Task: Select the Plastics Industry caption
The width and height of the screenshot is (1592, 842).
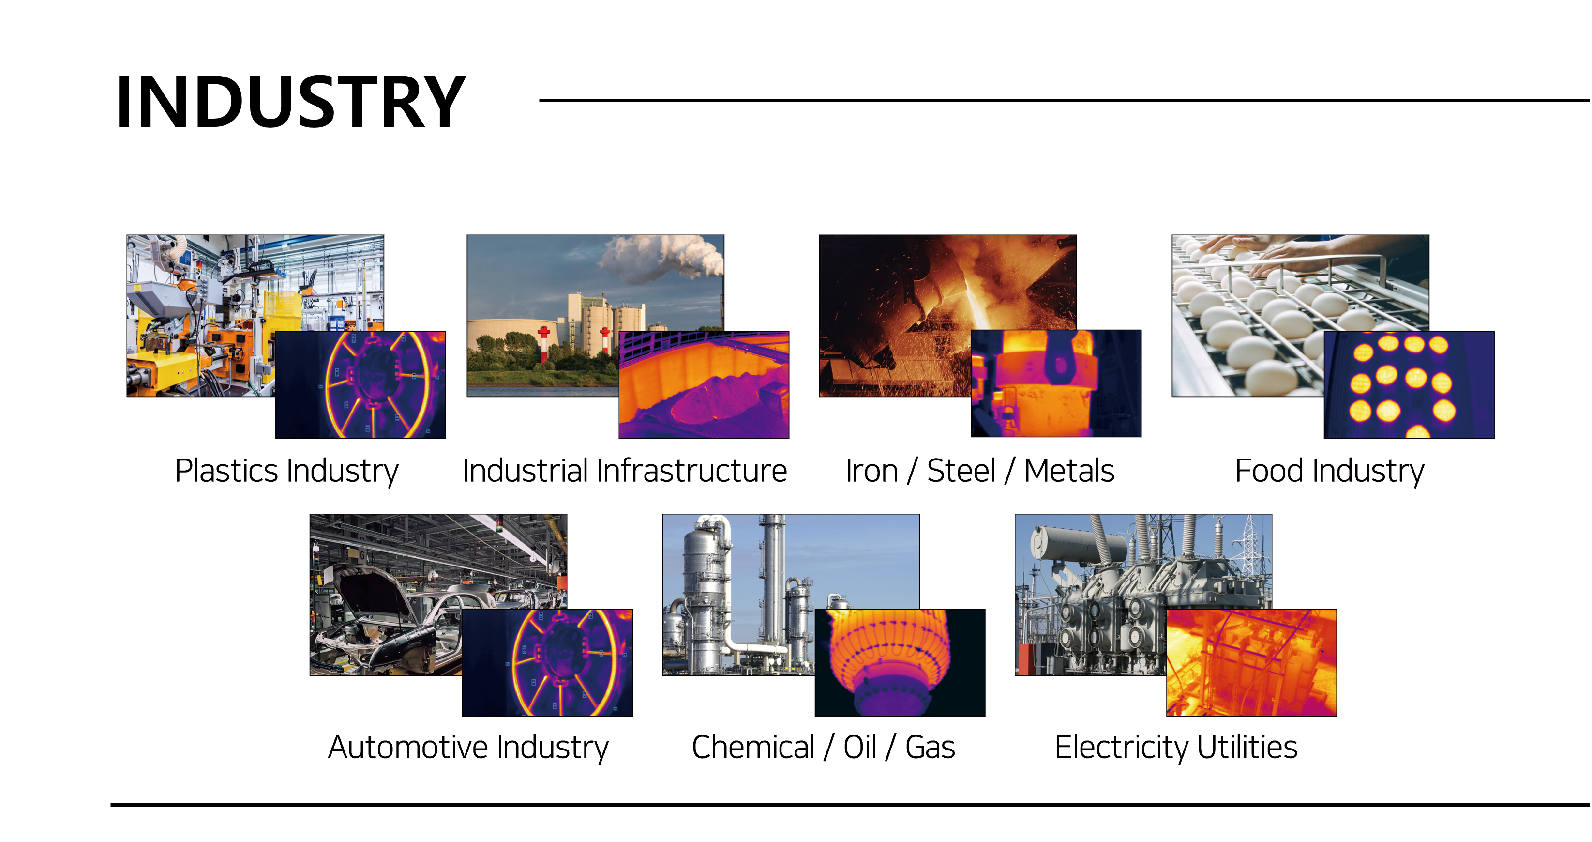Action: (287, 471)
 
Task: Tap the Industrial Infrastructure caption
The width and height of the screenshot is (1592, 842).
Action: (625, 471)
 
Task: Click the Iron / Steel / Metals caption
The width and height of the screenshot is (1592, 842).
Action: (980, 471)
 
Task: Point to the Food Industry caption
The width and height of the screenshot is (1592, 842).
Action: (1329, 471)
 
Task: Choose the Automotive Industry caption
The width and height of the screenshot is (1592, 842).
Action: (468, 748)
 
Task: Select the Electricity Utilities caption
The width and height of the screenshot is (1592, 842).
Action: (1176, 748)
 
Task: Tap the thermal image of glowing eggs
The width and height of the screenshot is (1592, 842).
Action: (1409, 384)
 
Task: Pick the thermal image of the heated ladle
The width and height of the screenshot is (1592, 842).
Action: (1056, 383)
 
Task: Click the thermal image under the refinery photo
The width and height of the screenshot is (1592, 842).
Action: (900, 662)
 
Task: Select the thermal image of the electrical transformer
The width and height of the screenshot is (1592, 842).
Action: (1251, 662)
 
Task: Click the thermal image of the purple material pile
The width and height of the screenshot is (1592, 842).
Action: (704, 384)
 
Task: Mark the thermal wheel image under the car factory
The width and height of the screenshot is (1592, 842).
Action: (548, 662)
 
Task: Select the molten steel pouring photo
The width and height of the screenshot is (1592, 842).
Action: (948, 315)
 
